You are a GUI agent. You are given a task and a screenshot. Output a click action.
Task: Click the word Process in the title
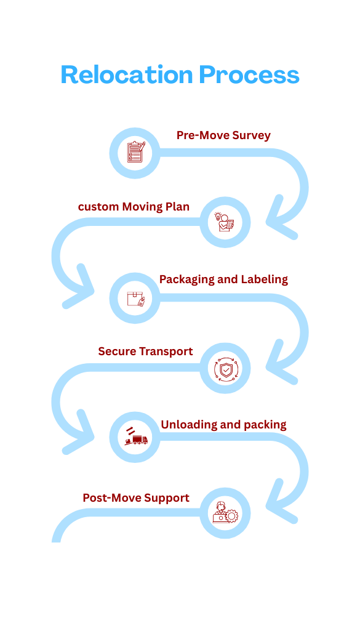click(x=249, y=75)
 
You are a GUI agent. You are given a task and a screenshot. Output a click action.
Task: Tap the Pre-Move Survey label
click(x=223, y=135)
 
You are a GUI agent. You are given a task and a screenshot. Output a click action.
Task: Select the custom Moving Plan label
click(x=134, y=207)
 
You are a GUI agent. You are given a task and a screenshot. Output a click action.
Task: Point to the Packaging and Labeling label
click(x=223, y=279)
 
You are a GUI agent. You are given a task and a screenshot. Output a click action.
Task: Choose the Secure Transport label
click(x=145, y=352)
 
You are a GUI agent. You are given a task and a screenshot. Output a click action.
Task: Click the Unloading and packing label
click(x=223, y=425)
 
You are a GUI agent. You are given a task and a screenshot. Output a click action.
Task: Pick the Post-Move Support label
click(x=136, y=497)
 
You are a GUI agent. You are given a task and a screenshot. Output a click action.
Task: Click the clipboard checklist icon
click(x=135, y=152)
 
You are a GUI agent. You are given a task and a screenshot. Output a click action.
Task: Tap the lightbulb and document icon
click(x=225, y=222)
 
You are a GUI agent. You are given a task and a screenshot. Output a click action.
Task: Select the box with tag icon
click(x=135, y=299)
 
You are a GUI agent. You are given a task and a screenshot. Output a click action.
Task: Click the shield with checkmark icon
click(x=225, y=369)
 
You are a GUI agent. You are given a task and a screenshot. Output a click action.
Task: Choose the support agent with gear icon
click(x=225, y=513)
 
